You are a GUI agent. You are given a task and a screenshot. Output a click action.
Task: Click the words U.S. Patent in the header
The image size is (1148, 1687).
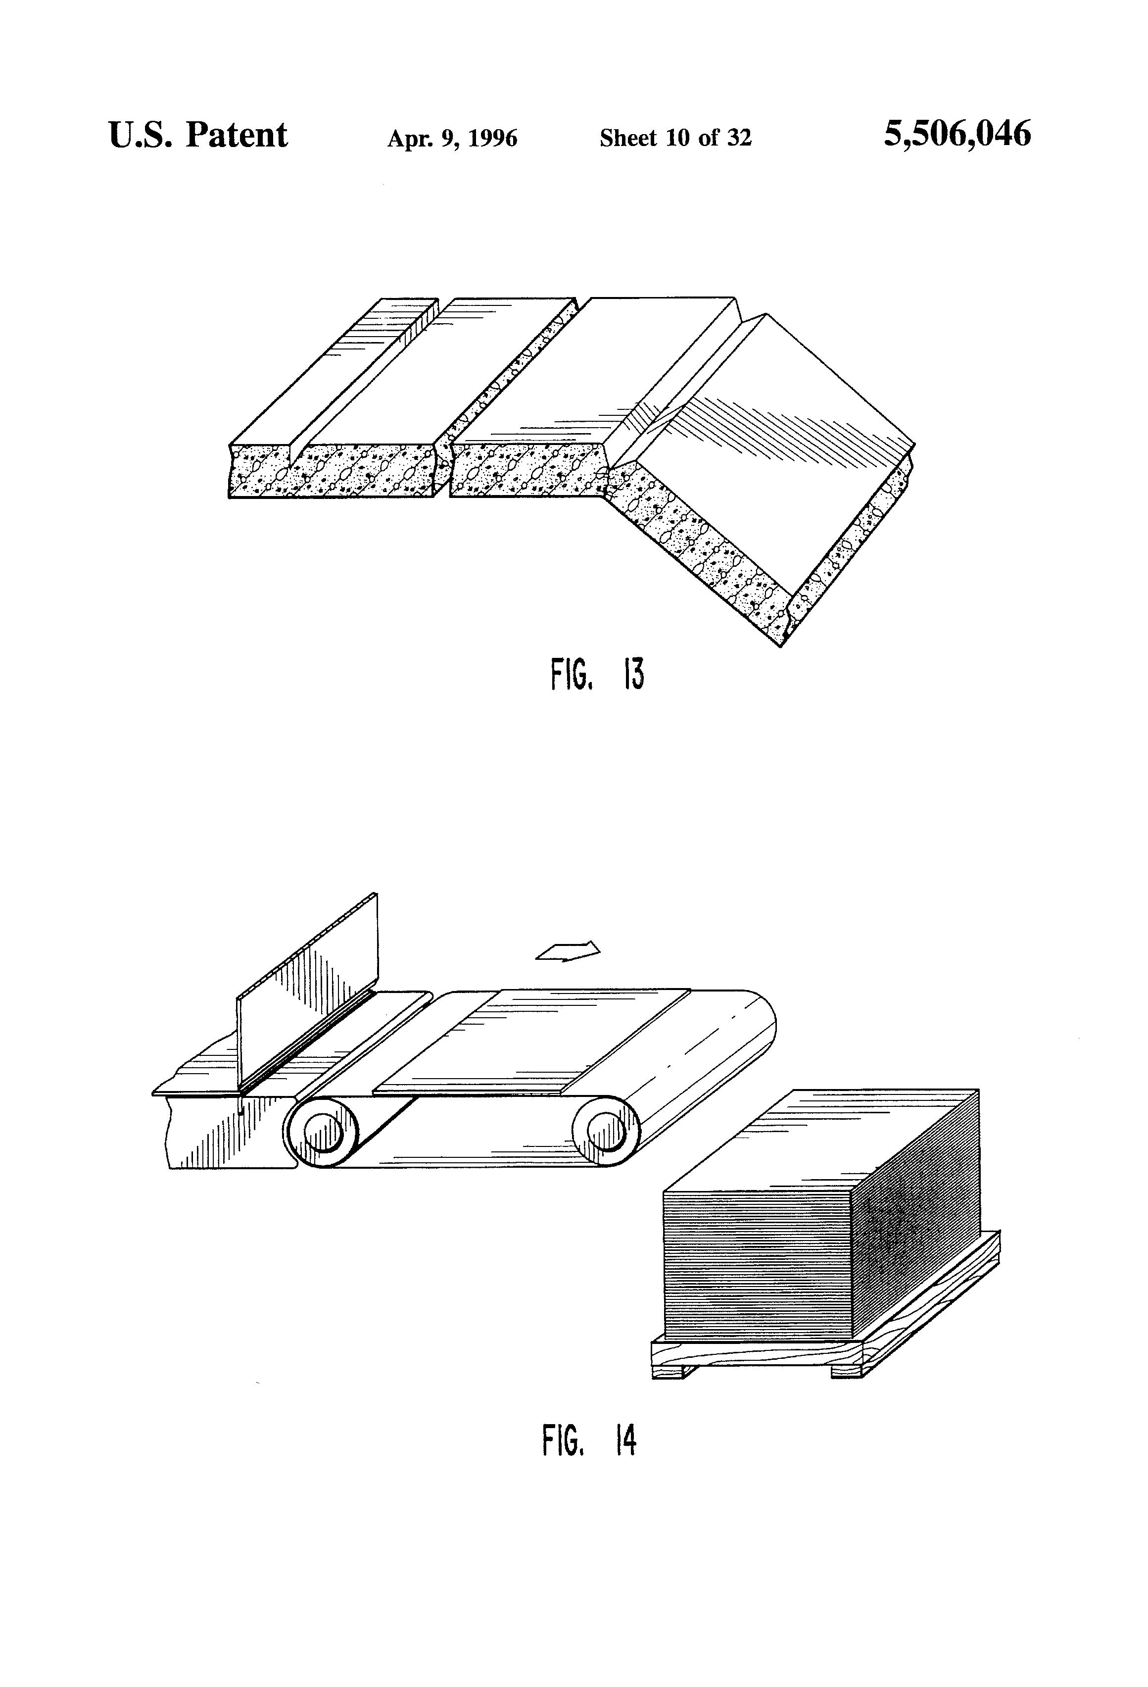point(197,136)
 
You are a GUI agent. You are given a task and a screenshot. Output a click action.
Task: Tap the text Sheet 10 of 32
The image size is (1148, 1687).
point(675,138)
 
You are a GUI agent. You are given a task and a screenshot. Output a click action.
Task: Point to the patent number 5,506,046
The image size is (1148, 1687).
point(957,135)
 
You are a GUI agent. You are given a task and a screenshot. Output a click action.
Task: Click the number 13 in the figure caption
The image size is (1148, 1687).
point(633,675)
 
